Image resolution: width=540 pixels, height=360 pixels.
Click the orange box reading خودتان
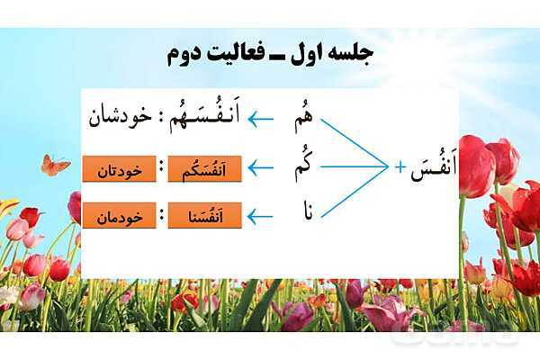click(119, 169)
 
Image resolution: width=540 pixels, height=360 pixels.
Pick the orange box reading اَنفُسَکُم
click(204, 169)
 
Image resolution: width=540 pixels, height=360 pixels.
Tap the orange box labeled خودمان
click(119, 215)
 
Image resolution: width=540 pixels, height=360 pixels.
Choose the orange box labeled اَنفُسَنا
click(204, 215)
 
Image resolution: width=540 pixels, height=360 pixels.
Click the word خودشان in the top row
click(121, 119)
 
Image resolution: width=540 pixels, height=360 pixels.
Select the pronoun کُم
click(303, 166)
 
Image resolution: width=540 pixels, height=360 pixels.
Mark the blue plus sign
click(400, 167)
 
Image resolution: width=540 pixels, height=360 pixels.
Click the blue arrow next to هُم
click(261, 120)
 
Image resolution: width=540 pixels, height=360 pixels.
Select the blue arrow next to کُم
click(261, 167)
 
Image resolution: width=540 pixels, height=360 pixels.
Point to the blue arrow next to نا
click(261, 217)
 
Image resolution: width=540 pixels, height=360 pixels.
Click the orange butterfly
click(55, 166)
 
